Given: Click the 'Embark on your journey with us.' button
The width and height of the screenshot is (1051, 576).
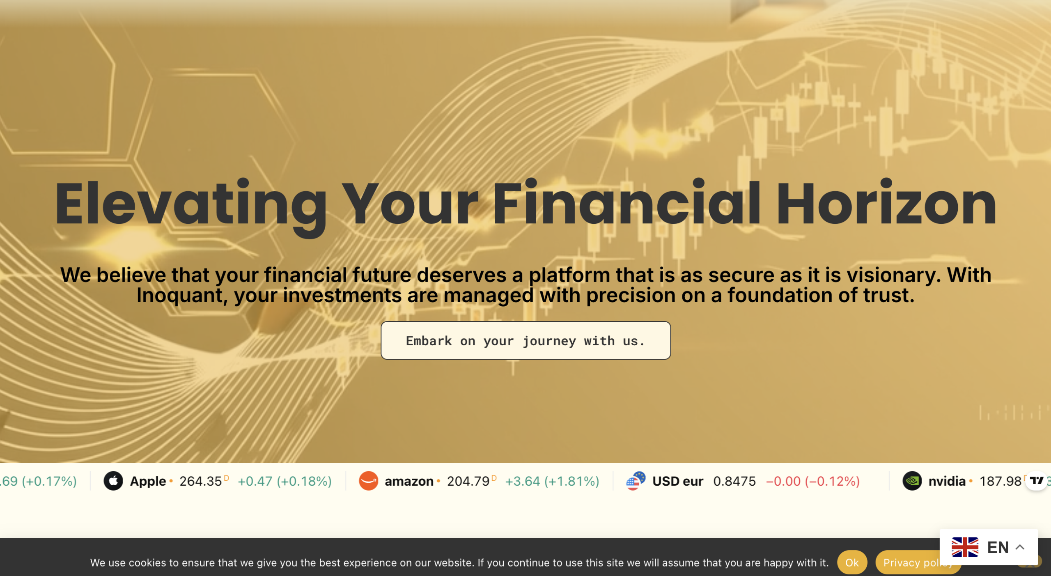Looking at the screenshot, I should (525, 340).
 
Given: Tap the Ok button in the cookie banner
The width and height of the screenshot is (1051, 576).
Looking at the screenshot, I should (852, 562).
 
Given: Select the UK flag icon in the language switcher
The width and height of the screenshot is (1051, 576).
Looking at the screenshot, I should (965, 547).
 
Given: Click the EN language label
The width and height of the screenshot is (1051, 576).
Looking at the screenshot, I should (998, 547).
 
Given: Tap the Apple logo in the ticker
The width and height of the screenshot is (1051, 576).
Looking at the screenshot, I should (113, 481).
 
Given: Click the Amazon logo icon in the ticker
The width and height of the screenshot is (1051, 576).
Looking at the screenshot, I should (368, 481).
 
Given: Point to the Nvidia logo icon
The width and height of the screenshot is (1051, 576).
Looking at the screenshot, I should (912, 481).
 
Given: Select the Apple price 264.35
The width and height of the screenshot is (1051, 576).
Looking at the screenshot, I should (200, 481).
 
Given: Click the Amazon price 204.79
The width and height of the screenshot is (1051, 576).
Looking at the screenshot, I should (468, 481).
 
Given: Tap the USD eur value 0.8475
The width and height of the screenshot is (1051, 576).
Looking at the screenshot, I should (734, 481).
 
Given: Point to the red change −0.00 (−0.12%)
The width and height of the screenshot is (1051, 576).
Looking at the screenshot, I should (813, 481).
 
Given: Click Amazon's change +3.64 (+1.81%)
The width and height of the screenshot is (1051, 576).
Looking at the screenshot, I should (552, 481).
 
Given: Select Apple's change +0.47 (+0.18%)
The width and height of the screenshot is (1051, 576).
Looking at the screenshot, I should (285, 481).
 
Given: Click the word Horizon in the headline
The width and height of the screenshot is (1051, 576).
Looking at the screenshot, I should (886, 204).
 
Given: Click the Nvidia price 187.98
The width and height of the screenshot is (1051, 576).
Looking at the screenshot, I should (1000, 481).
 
